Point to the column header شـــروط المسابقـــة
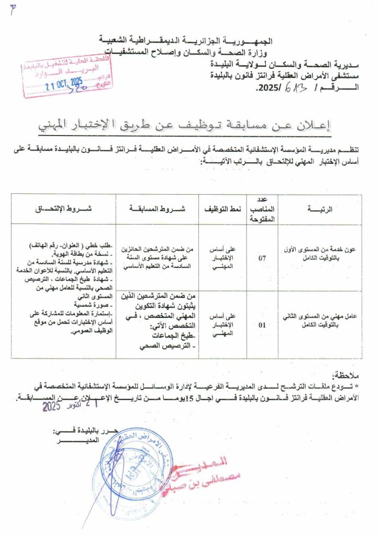pyautogui.click(x=157, y=209)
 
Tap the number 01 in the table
pyautogui.click(x=263, y=325)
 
